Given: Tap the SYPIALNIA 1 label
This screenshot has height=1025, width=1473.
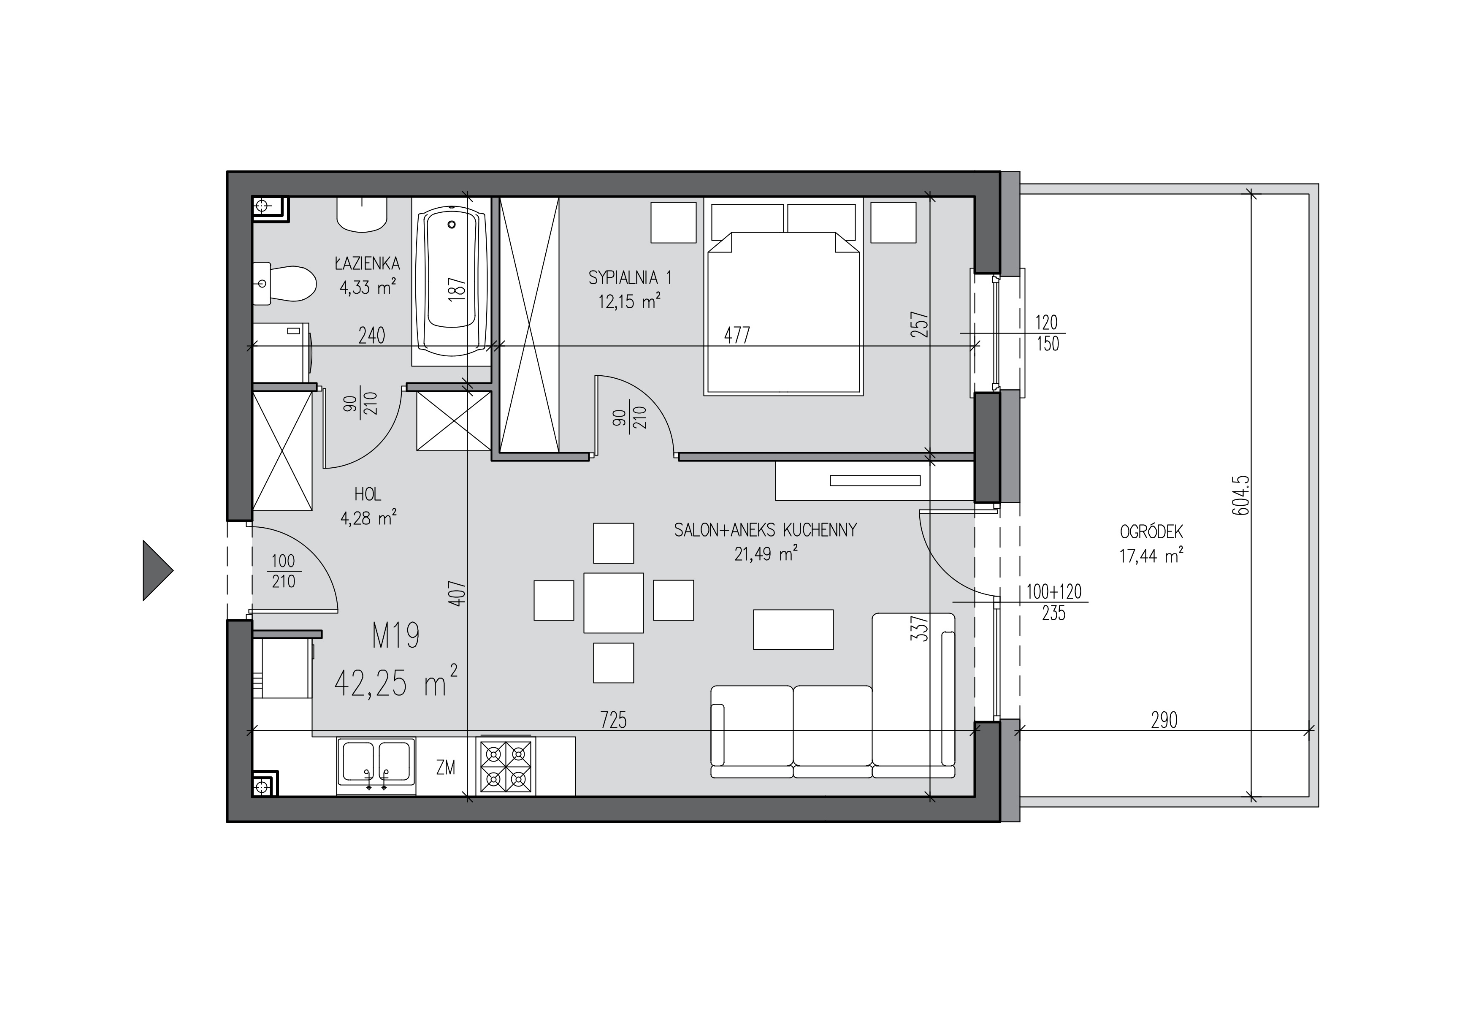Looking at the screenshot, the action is [630, 278].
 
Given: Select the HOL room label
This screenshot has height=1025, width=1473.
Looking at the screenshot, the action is [368, 494].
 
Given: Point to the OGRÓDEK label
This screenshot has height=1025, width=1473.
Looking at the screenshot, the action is [1151, 531].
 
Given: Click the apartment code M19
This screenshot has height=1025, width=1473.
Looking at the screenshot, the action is [396, 636].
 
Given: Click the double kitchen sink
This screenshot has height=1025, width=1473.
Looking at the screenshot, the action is [376, 766].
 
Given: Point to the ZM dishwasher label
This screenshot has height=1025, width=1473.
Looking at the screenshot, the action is [445, 767].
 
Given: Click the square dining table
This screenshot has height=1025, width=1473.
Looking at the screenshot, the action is [613, 603].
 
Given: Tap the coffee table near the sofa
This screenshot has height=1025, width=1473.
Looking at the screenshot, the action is [793, 629].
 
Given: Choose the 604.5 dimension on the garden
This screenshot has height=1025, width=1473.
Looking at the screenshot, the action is [1241, 496].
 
